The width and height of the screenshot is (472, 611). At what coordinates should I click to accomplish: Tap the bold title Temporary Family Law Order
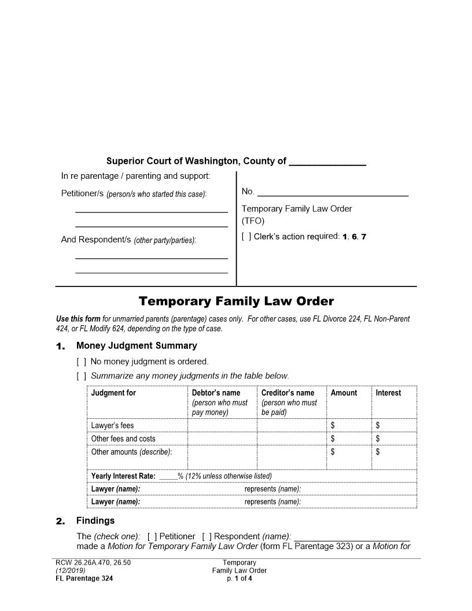[236, 301]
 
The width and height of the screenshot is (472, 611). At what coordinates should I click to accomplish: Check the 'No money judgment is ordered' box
[81, 362]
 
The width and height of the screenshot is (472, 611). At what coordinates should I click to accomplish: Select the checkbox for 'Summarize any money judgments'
[81, 376]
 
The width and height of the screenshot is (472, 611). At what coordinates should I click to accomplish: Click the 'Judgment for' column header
[113, 393]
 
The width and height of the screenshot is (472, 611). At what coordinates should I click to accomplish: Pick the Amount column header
[344, 393]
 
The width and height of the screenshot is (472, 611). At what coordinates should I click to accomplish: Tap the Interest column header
[388, 393]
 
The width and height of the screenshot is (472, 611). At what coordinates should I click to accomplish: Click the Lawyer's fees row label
[112, 426]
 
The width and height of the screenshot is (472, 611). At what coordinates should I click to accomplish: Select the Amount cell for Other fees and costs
[348, 439]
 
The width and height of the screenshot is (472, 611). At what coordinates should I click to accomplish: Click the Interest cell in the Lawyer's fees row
[393, 426]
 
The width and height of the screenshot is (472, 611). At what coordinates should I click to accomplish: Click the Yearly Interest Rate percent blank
[168, 476]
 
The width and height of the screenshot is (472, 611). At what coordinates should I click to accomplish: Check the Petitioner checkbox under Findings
[152, 536]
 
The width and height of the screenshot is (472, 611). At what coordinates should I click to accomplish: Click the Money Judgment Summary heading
[137, 346]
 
